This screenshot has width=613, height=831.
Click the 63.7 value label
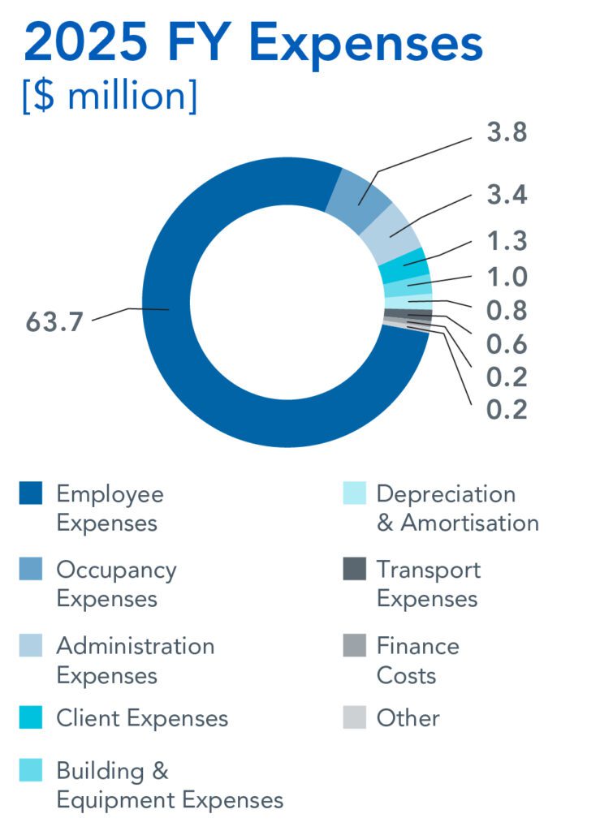coord(55,322)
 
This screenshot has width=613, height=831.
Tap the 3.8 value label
coord(507,133)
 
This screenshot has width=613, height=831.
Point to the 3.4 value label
coord(507,196)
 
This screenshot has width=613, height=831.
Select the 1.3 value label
coord(507,242)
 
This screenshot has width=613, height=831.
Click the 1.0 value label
coord(507,278)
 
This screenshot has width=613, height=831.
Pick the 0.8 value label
coord(507,311)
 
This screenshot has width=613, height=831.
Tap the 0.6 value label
coord(507,345)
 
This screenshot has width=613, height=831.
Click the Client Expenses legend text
coord(142,718)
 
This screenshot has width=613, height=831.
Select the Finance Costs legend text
coord(418,661)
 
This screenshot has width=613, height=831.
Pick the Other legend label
coord(408,718)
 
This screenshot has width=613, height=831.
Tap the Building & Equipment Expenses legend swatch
coord(31,771)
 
